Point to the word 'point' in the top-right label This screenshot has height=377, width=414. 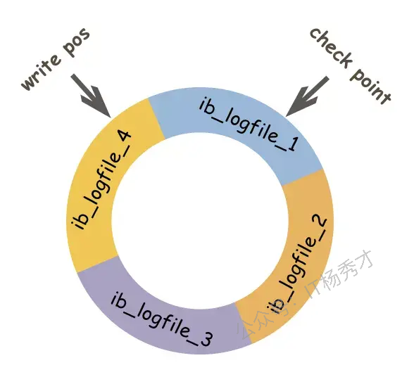coord(370,84)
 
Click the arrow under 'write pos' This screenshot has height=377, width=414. coord(91,96)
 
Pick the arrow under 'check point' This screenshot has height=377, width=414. coord(307,96)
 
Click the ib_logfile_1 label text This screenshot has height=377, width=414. coord(249,124)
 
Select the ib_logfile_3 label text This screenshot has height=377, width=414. coord(162,320)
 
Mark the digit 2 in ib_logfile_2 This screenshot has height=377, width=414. coord(319,223)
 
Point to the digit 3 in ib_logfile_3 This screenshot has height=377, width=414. coord(205,340)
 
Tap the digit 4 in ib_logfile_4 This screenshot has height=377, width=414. coord(122,137)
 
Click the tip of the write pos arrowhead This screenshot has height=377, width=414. coord(110,117)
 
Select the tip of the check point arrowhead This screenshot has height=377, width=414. coord(286,116)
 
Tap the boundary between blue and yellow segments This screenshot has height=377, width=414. coord(156,118)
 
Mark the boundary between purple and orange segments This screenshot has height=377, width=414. coord(243,324)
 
